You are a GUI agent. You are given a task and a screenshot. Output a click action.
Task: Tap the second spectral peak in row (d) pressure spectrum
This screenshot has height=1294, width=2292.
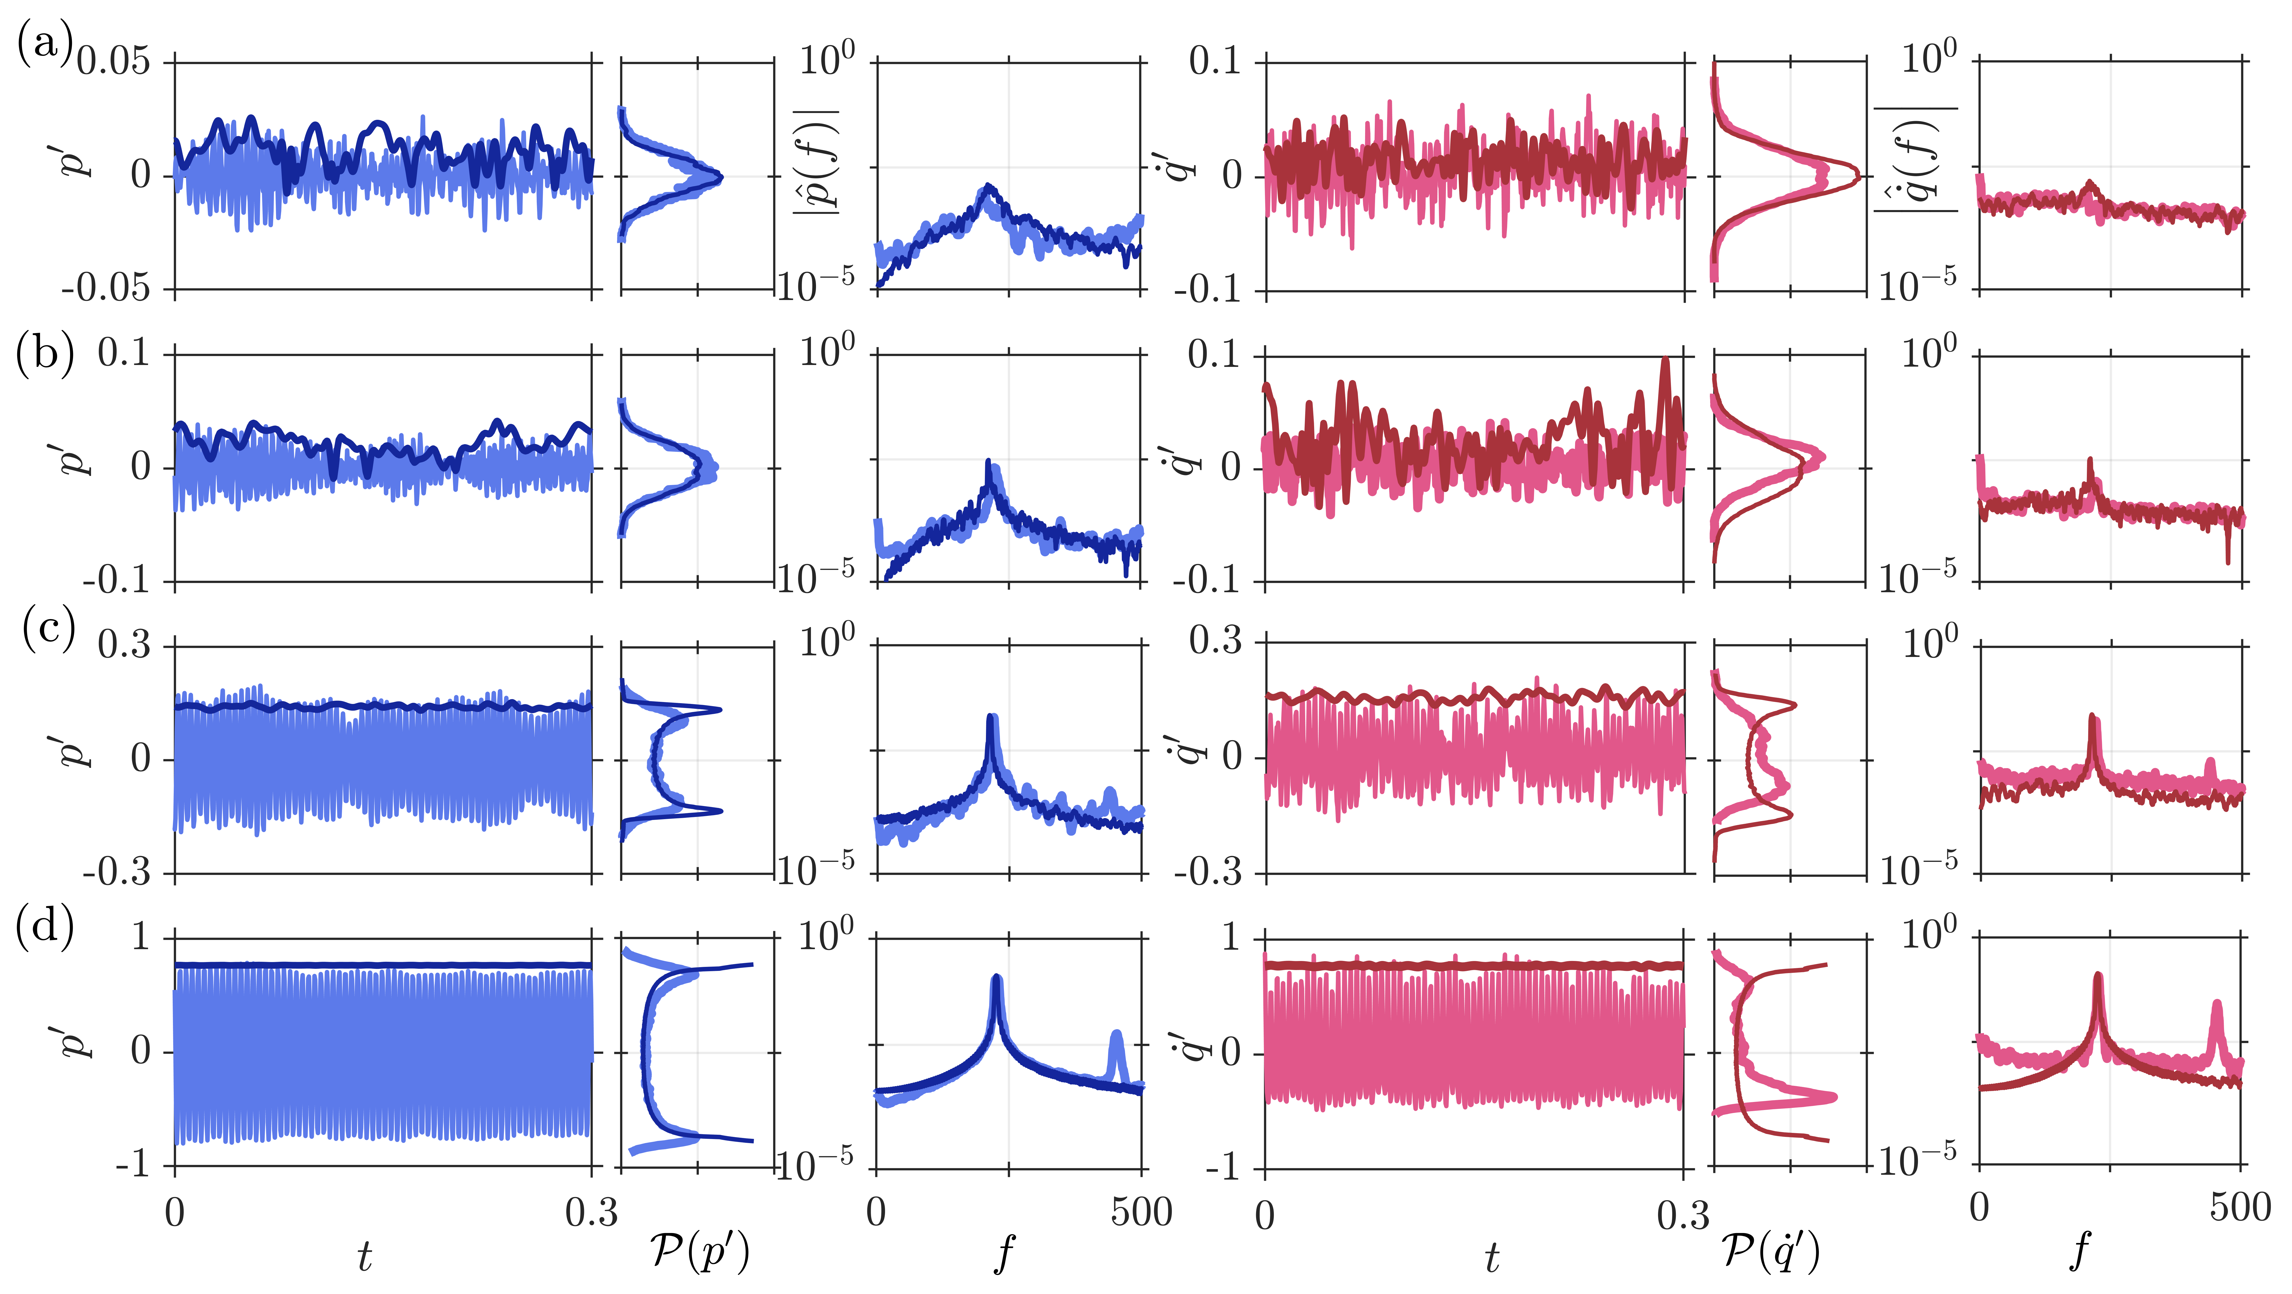pos(1116,1034)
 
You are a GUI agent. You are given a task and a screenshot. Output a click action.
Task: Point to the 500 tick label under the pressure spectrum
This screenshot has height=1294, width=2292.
pos(1141,1212)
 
